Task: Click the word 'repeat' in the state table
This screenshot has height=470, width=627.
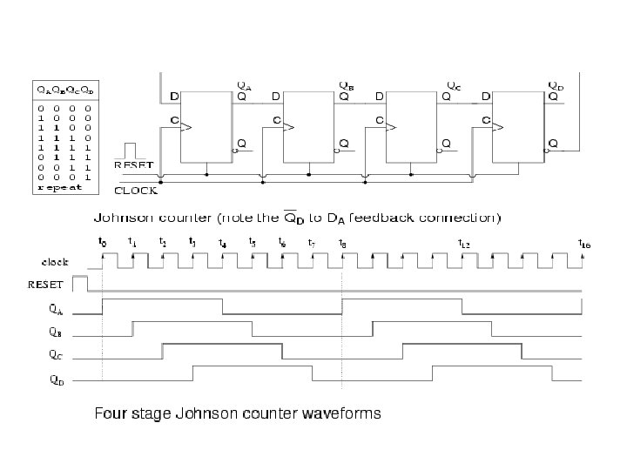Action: (57, 186)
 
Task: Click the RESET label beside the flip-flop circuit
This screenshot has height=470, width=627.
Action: (132, 164)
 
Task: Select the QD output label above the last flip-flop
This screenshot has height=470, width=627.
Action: (555, 85)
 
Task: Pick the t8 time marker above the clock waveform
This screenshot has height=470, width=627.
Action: (342, 244)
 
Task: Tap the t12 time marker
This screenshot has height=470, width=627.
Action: (464, 244)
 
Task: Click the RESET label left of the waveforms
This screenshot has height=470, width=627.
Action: (47, 283)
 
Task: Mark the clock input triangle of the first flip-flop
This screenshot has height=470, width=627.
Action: (185, 127)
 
